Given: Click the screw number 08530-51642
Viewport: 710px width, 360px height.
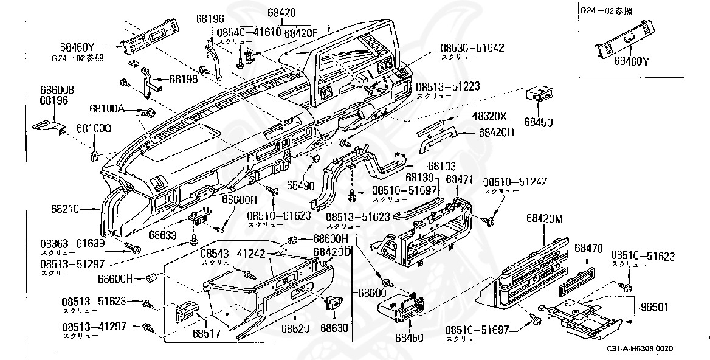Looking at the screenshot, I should tap(472, 47).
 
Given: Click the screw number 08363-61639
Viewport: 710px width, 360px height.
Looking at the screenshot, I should tap(72, 243).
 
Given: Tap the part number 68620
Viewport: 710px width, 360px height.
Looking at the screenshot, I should tap(295, 328).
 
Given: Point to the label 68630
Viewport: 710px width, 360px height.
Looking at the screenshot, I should tap(336, 328).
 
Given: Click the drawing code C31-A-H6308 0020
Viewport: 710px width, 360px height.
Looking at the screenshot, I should tap(639, 349).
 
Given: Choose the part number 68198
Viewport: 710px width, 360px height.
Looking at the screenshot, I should tap(184, 79).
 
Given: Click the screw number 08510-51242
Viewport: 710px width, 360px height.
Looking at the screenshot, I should tap(515, 182).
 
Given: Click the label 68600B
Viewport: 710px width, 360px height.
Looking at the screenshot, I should tap(57, 89).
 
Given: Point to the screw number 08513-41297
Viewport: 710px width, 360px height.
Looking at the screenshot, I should tap(94, 327).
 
